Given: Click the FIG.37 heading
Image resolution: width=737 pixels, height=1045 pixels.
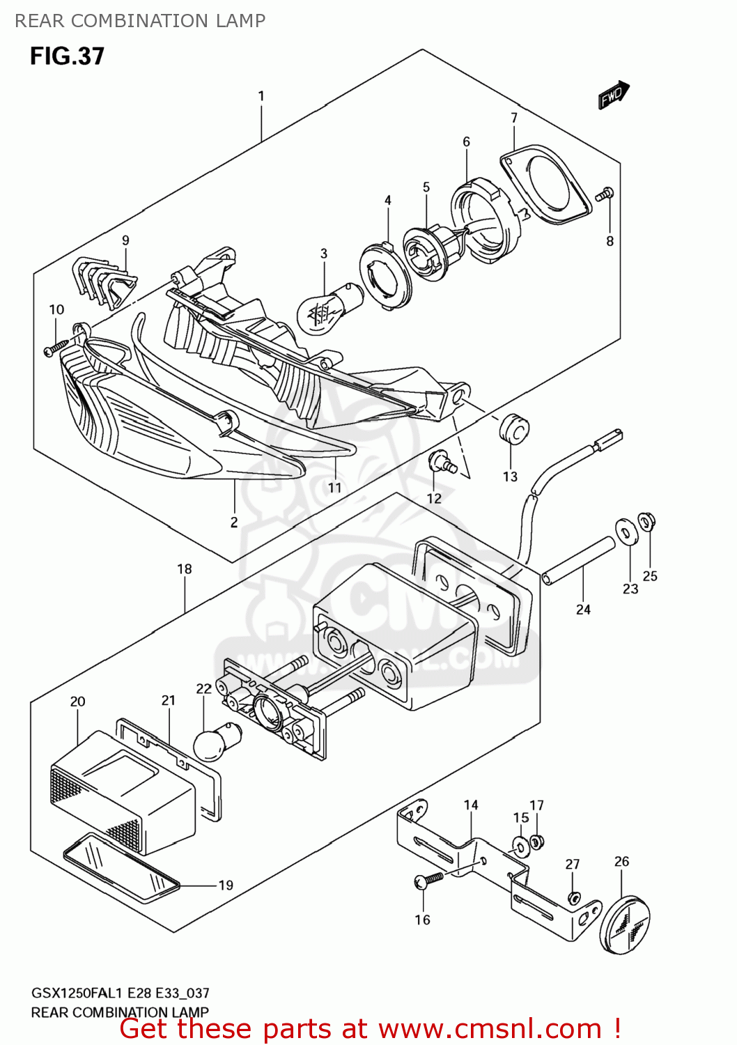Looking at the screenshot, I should [x=67, y=56].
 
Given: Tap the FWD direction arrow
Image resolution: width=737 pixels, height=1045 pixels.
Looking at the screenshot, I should [x=614, y=95].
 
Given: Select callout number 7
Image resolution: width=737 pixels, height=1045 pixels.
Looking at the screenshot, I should [x=514, y=118].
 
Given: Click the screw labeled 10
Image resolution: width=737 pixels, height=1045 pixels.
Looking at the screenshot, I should [x=56, y=347].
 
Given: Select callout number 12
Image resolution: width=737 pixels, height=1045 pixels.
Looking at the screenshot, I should [x=434, y=498].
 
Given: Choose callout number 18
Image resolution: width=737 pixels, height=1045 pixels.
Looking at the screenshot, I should [x=184, y=569].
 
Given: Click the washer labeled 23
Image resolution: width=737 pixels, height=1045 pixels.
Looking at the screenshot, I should [x=625, y=533].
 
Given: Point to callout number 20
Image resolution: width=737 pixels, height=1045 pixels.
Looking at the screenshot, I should [x=77, y=702].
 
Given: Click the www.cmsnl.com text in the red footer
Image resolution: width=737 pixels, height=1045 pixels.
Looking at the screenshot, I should [x=490, y=1028].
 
